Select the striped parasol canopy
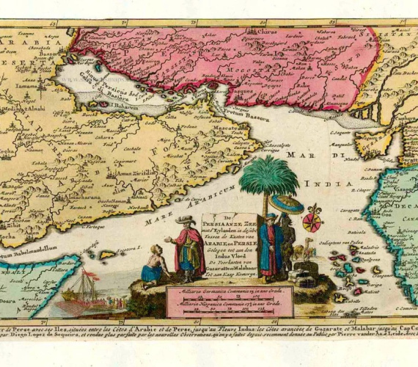tap(286, 204)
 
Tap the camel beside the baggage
tap(307, 252)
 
